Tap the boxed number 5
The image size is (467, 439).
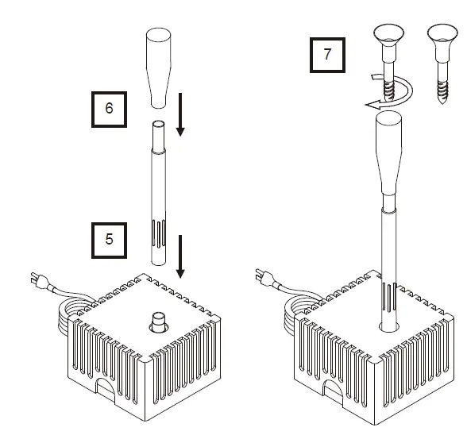pos(110,238)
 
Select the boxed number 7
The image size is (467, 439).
pos(326,56)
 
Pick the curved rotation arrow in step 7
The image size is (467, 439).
pos(388,92)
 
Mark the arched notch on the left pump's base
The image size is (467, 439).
pos(106,389)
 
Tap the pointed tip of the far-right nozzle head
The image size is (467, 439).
pos(442,102)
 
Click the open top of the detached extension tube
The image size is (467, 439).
pos(157,125)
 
